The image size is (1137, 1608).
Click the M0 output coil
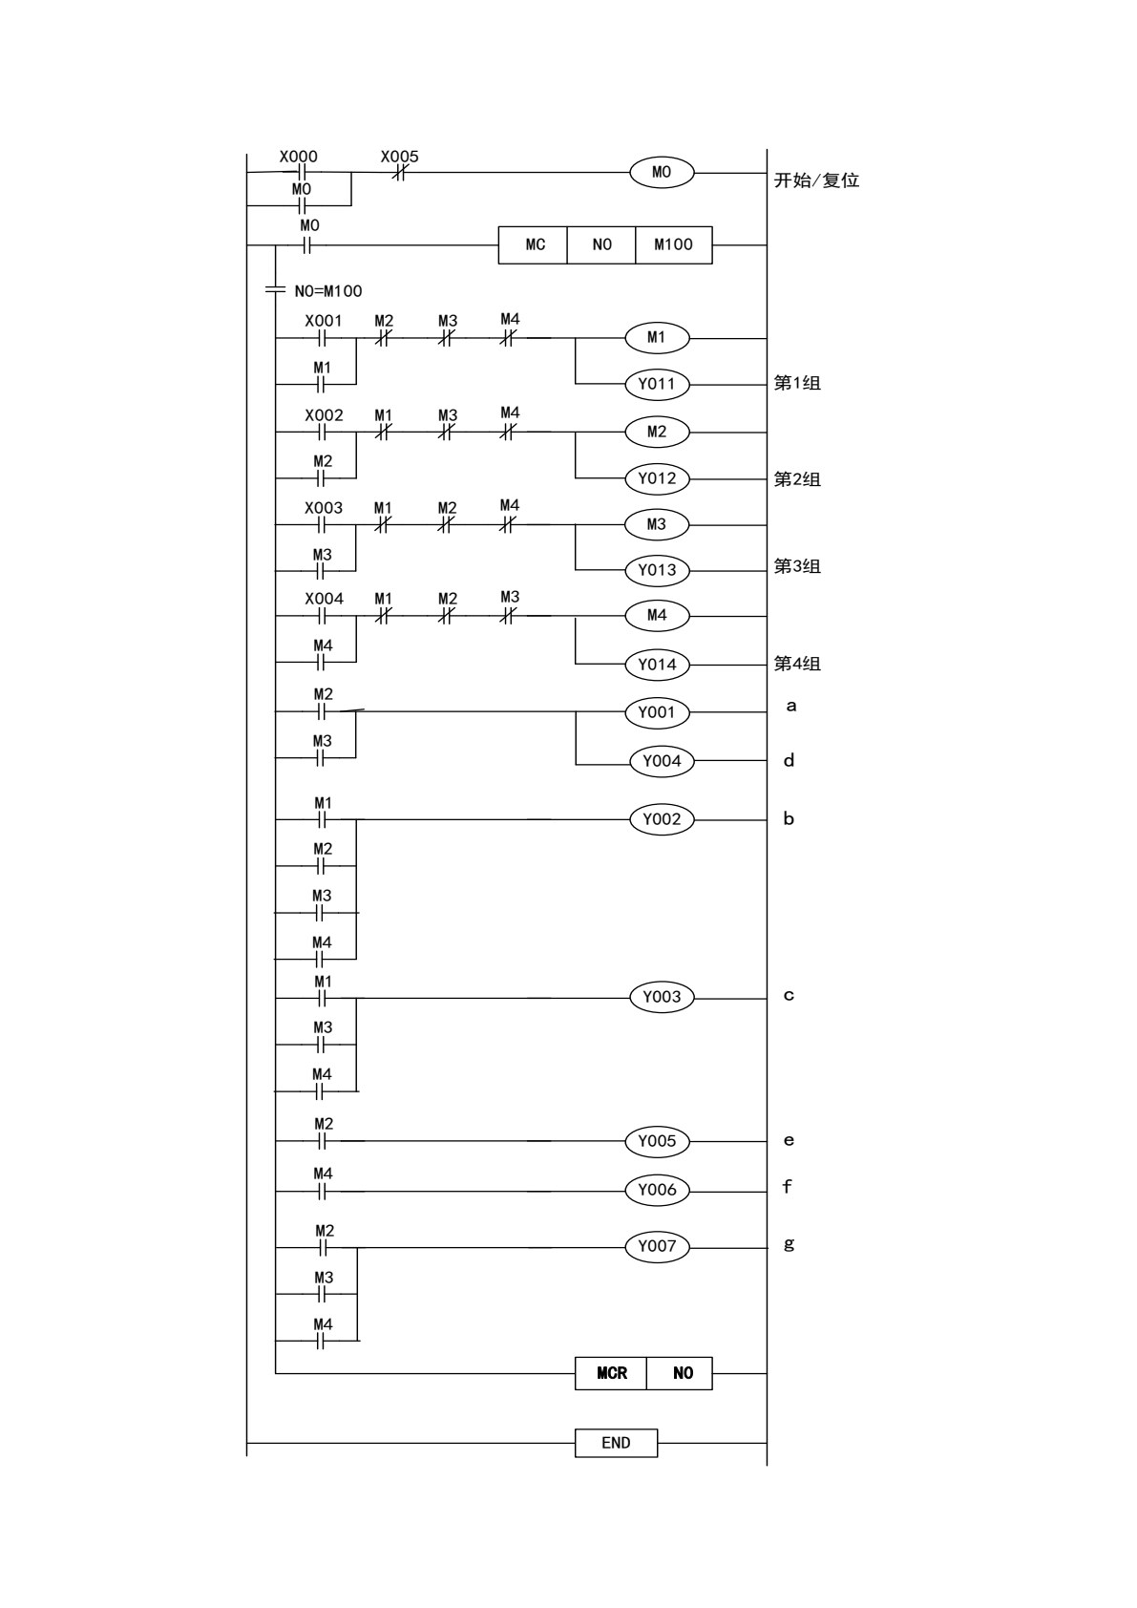tap(662, 172)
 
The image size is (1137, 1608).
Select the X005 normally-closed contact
tap(399, 173)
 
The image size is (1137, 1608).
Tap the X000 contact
tap(302, 173)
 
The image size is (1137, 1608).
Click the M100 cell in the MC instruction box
tap(673, 244)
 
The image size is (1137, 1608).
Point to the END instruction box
tap(616, 1443)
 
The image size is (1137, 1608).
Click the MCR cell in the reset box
tap(611, 1373)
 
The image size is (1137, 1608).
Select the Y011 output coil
tap(657, 384)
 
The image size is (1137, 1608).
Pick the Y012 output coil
tap(657, 478)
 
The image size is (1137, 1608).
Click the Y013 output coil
tap(657, 570)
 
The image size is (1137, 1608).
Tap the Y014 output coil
tap(657, 664)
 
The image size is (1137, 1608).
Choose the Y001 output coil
tap(657, 712)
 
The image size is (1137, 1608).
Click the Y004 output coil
tap(662, 761)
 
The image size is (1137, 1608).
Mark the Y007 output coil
tap(657, 1246)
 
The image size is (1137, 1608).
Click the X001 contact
tap(323, 339)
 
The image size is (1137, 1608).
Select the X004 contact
tap(323, 617)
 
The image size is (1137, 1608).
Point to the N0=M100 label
tap(328, 290)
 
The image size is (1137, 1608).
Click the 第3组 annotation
tap(797, 566)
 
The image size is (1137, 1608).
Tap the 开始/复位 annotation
tap(816, 180)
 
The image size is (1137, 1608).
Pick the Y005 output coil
tap(657, 1141)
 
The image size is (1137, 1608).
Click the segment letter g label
tap(789, 1244)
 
